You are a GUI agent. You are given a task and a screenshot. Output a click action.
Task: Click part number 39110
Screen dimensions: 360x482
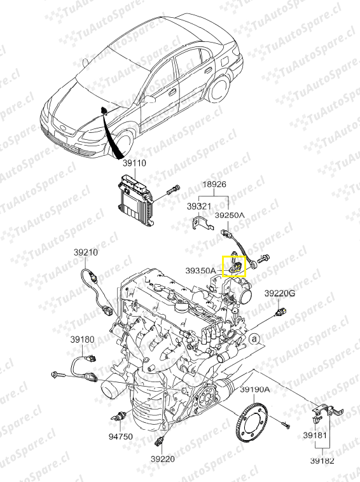coord(134,163)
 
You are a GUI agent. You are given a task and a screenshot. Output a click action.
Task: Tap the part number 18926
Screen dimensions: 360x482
coord(214,184)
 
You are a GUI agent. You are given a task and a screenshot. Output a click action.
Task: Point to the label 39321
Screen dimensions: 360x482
coord(199,206)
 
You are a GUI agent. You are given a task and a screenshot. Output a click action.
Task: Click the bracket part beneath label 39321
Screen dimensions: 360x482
coord(203,223)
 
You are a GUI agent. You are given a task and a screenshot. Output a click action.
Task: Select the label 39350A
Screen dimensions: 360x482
coord(200,271)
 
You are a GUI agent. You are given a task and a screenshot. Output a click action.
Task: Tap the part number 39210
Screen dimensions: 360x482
coord(85,252)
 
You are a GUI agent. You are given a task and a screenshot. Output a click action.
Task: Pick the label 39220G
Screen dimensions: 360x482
coord(280,294)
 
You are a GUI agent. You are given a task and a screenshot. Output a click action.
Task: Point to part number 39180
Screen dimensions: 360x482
coord(82,340)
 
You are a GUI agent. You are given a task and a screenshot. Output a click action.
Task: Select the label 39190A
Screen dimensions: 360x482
coord(255,390)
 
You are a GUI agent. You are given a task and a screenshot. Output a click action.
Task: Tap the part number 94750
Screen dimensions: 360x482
coord(120,436)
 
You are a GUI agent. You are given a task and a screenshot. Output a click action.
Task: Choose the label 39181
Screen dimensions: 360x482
coord(315,436)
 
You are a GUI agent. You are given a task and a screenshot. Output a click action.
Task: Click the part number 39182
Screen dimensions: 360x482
coord(322,461)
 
